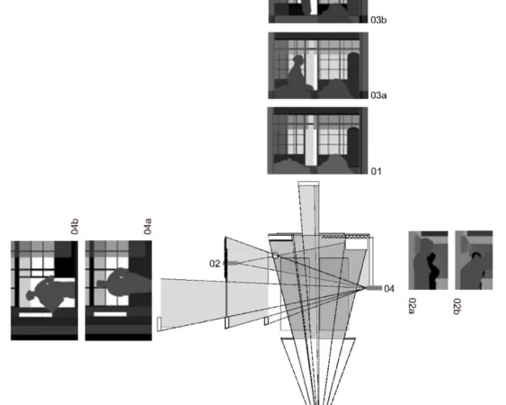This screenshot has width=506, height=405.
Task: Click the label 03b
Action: coord(378,20)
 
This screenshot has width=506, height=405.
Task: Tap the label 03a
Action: coord(378,95)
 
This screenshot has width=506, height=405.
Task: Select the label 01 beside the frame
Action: coord(377,171)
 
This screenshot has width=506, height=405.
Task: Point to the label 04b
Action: coord(75,226)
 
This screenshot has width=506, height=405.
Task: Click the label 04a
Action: coord(147,226)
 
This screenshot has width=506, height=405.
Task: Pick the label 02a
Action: coord(413,306)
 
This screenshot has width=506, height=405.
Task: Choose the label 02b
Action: coord(457,306)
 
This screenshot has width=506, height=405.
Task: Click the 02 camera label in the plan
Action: coord(215,264)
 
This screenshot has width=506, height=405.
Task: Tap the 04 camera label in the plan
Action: coord(389,289)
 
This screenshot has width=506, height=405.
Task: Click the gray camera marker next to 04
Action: coord(375,288)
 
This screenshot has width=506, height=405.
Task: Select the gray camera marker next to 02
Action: coord(230,263)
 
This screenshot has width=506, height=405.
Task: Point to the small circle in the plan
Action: coord(275,256)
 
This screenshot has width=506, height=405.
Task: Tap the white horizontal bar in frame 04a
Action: coord(110,314)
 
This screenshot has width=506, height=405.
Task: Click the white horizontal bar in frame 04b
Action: coord(35,314)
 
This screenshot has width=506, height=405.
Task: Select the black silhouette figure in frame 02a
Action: coord(431,272)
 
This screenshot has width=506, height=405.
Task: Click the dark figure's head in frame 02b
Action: coord(476,256)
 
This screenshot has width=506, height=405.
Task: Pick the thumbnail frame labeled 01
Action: coord(317,140)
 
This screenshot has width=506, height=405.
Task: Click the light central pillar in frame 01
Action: coord(311,142)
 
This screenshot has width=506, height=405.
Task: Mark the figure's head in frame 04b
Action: coord(31,295)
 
